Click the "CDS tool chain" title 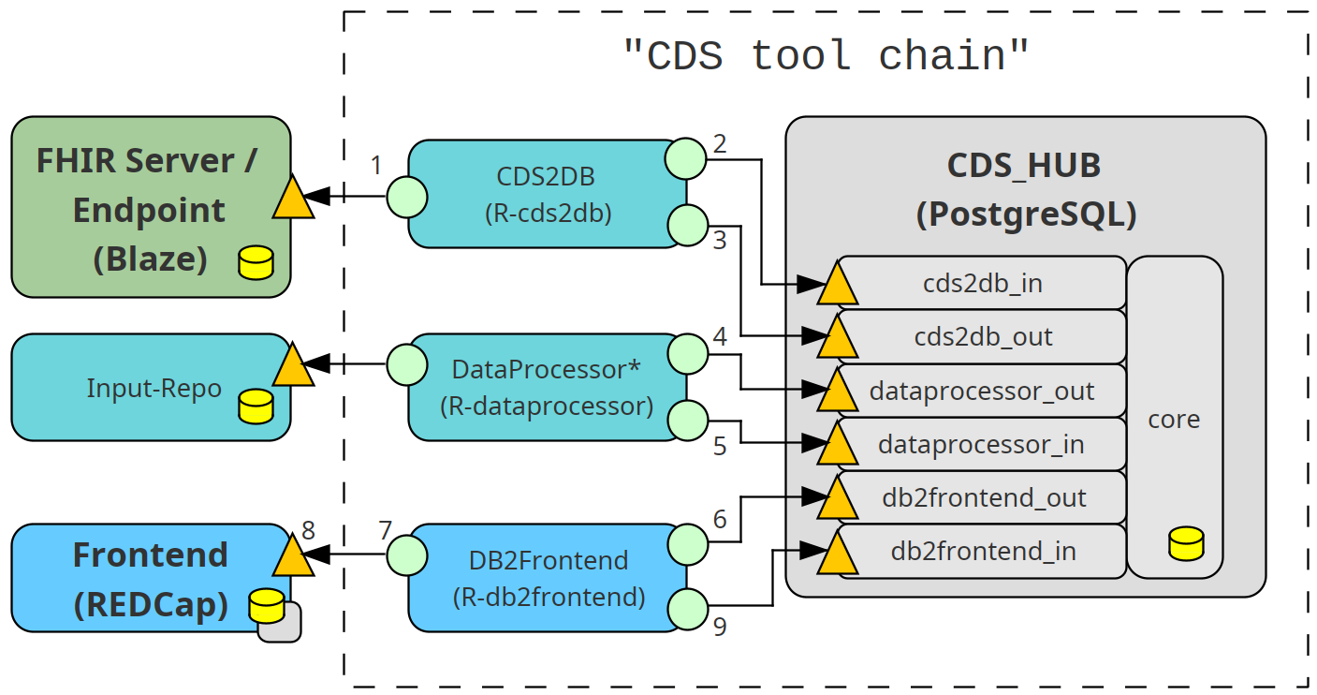pyautogui.click(x=826, y=56)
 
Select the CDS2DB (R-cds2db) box pyautogui.click(x=548, y=194)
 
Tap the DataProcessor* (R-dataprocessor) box pyautogui.click(x=548, y=387)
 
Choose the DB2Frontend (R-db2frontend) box pyautogui.click(x=548, y=578)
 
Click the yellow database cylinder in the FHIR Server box pyautogui.click(x=256, y=263)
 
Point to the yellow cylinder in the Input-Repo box pyautogui.click(x=256, y=406)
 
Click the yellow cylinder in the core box pyautogui.click(x=1186, y=544)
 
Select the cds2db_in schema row pyautogui.click(x=983, y=283)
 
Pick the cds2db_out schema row pyautogui.click(x=983, y=336)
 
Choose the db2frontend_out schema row pyautogui.click(x=983, y=497)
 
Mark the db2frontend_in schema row pyautogui.click(x=983, y=551)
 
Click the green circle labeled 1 pyautogui.click(x=406, y=197)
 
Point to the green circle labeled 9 pyautogui.click(x=687, y=611)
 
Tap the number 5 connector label pyautogui.click(x=719, y=447)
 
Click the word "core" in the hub pyautogui.click(x=1174, y=419)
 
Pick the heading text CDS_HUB pyautogui.click(x=1024, y=165)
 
